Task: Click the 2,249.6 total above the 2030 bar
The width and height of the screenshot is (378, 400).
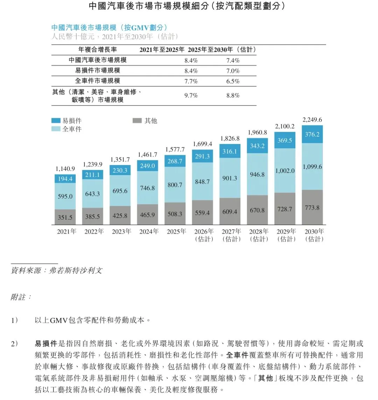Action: pyautogui.click(x=312, y=120)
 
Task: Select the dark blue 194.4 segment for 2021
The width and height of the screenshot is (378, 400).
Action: pyautogui.click(x=65, y=179)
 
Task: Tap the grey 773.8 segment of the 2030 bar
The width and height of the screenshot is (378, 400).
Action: pyautogui.click(x=312, y=207)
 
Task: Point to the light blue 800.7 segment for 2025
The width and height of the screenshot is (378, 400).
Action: pyautogui.click(x=175, y=185)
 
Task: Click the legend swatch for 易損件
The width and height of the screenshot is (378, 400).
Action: pyautogui.click(x=56, y=121)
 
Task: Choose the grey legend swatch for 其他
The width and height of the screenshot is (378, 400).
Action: pyautogui.click(x=137, y=121)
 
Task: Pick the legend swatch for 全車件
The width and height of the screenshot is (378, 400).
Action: pyautogui.click(x=56, y=129)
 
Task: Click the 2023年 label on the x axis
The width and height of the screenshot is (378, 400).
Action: pyautogui.click(x=121, y=231)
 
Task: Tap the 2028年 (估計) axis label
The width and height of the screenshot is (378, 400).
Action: pyautogui.click(x=259, y=235)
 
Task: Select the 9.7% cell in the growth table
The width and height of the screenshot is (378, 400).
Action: pyautogui.click(x=191, y=95)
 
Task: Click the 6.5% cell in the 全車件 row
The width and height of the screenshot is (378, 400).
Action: pyautogui.click(x=233, y=81)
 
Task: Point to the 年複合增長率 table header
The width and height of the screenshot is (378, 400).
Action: pyautogui.click(x=98, y=50)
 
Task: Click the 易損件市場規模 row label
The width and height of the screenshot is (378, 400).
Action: pyautogui.click(x=98, y=71)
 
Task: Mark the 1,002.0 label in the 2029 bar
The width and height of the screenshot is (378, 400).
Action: pyautogui.click(x=285, y=171)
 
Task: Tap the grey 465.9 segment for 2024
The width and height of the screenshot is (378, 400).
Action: pyautogui.click(x=147, y=215)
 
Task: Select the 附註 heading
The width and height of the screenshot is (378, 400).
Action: pyautogui.click(x=21, y=297)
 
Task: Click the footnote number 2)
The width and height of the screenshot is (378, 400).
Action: pyautogui.click(x=14, y=344)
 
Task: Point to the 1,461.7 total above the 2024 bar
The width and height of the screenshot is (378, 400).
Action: pyautogui.click(x=147, y=154)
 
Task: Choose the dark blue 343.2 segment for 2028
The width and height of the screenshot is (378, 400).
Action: pyautogui.click(x=257, y=146)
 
